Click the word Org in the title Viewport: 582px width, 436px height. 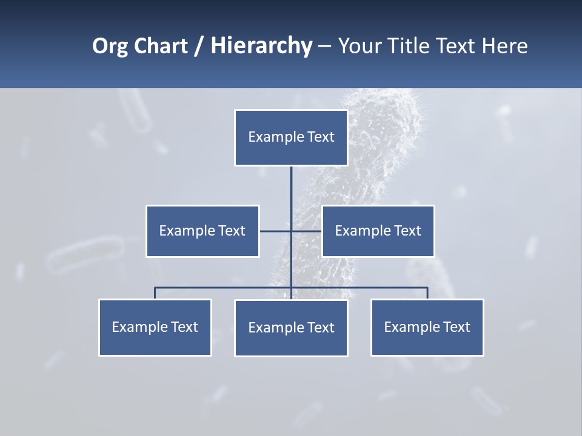[110, 46]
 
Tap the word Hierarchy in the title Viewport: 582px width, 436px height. [261, 46]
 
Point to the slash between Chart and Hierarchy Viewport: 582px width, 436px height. [199, 46]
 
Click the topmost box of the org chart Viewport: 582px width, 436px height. [291, 137]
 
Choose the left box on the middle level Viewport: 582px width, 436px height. [202, 231]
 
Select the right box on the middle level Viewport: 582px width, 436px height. [378, 231]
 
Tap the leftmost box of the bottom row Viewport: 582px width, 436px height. [155, 328]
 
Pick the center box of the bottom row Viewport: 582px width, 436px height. [291, 328]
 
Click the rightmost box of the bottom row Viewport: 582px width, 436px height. [427, 328]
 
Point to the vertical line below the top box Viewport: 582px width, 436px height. [291, 194]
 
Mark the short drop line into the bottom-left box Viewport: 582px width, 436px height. [155, 293]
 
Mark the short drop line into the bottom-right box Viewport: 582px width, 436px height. [427, 293]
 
